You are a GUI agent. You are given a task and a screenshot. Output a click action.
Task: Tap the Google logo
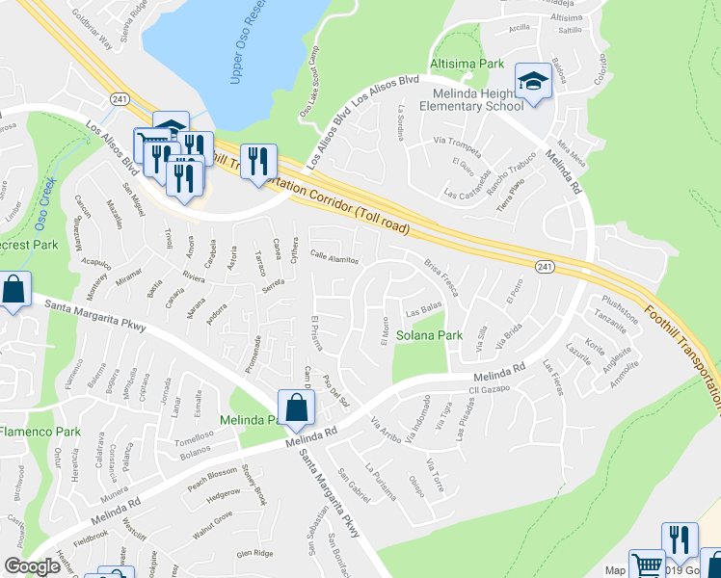[x=32, y=566]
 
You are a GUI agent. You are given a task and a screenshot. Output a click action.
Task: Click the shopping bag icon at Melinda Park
[x=296, y=407]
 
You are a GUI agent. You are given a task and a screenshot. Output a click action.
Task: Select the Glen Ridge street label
[x=256, y=553]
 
